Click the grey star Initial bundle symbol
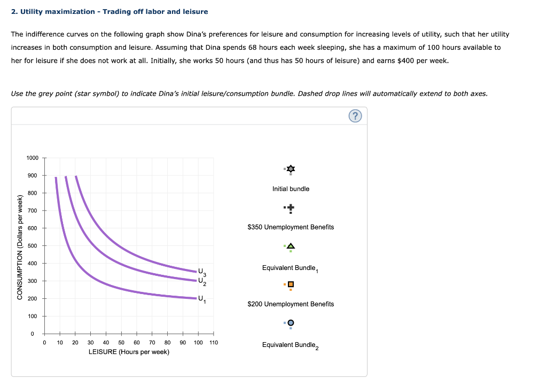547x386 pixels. [291, 169]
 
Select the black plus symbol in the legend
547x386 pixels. [291, 208]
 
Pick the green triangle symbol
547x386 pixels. [291, 246]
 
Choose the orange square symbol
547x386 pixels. [291, 284]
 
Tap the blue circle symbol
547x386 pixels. [291, 323]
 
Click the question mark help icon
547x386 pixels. [356, 116]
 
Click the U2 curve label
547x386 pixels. [201, 281]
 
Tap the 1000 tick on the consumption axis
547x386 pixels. [32, 158]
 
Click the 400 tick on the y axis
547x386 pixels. [32, 264]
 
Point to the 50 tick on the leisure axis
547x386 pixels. [121, 343]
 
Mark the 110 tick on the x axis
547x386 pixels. [214, 343]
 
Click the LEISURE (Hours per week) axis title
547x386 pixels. [129, 352]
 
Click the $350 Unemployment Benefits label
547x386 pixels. [291, 227]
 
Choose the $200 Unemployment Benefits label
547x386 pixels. [291, 304]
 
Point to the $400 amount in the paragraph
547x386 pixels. [407, 60]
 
